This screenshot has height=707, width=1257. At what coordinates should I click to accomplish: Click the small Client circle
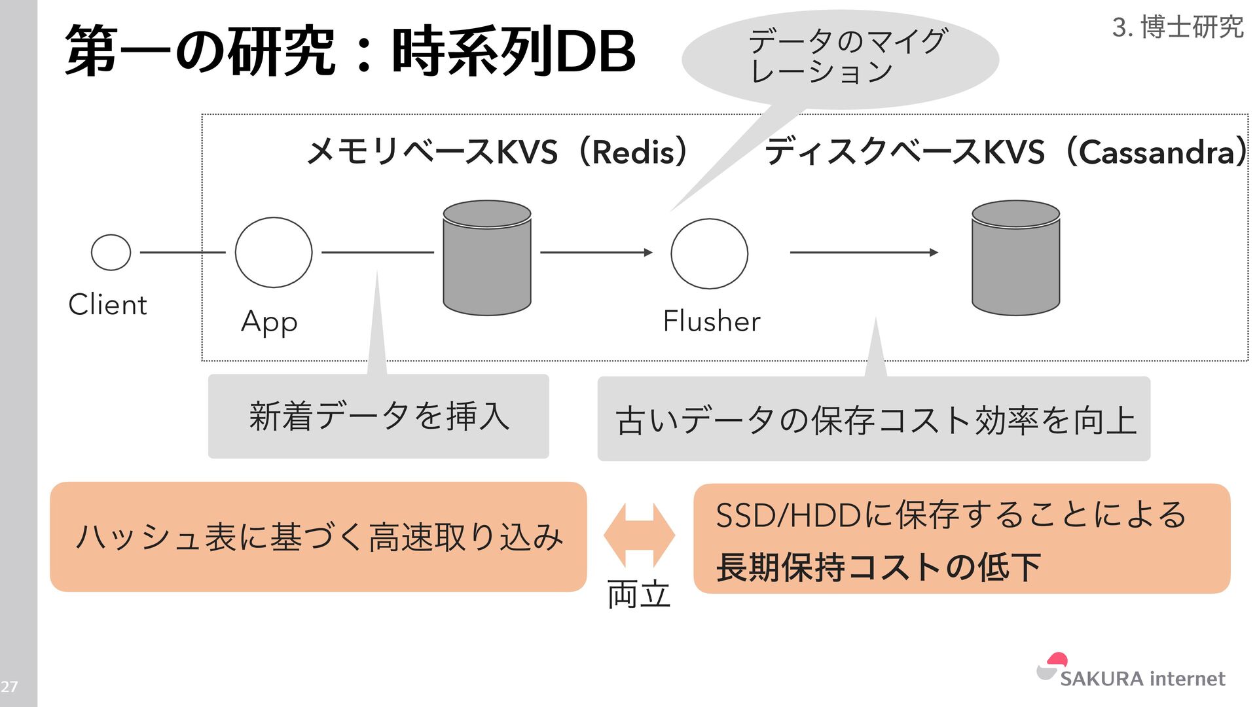[x=111, y=252]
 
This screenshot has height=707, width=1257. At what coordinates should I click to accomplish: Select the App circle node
[x=274, y=253]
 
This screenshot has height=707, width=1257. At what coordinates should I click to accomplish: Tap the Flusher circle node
[x=709, y=253]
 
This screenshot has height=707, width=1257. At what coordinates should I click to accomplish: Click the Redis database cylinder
[x=487, y=258]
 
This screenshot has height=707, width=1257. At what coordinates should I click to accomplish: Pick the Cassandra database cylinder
[x=1015, y=258]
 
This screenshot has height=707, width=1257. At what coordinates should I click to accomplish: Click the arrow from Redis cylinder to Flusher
[x=596, y=252]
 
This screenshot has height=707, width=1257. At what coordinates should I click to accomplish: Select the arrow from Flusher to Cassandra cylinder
[x=864, y=252]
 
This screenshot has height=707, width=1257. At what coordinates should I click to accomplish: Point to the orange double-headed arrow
[x=639, y=535]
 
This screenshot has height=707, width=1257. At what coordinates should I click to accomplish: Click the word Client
[x=108, y=305]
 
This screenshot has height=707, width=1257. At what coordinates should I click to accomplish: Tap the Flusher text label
[x=712, y=321]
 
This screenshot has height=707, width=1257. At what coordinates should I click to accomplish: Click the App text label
[x=269, y=322]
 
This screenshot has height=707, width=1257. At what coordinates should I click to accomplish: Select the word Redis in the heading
[x=633, y=153]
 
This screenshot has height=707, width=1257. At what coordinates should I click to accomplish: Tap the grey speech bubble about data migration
[x=840, y=58]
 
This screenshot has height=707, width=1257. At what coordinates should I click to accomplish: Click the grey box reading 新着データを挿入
[x=378, y=416]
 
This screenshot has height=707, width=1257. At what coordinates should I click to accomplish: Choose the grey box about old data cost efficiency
[x=873, y=419]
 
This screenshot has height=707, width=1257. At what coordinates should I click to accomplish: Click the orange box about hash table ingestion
[x=318, y=537]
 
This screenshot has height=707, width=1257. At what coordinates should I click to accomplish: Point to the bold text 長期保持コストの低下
[x=878, y=567]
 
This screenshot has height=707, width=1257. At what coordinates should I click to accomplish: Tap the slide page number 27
[x=9, y=687]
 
